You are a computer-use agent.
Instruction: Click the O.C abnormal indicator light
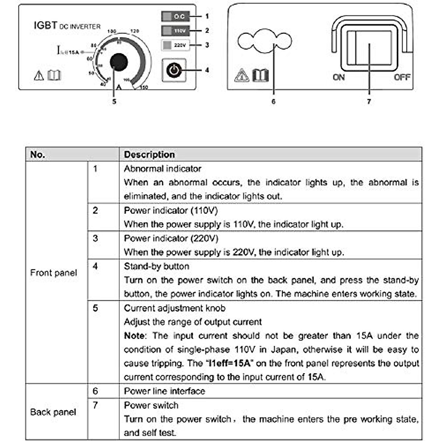point(175,17)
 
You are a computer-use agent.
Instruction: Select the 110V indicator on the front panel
point(175,31)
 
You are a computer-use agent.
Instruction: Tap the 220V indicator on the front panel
point(175,45)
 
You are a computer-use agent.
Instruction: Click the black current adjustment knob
point(118,62)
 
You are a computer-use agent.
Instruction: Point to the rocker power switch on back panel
point(369,48)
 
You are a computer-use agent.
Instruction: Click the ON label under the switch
point(338,77)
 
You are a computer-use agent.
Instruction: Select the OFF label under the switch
point(402,77)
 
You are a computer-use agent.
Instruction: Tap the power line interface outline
point(265,41)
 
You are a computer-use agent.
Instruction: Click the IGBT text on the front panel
point(45,25)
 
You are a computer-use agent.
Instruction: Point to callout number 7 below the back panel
point(369,101)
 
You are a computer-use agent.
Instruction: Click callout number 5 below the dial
point(114,101)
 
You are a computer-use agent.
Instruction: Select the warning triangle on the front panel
point(39,76)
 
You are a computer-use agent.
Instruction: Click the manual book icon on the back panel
point(261,75)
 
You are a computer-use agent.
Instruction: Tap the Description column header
point(149,154)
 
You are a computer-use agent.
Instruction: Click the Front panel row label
point(54,273)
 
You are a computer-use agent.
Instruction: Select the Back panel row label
point(53,412)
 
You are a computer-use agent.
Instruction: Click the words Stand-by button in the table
point(157,266)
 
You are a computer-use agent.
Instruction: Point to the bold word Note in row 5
point(135,336)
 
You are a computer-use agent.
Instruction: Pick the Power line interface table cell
point(164,391)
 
